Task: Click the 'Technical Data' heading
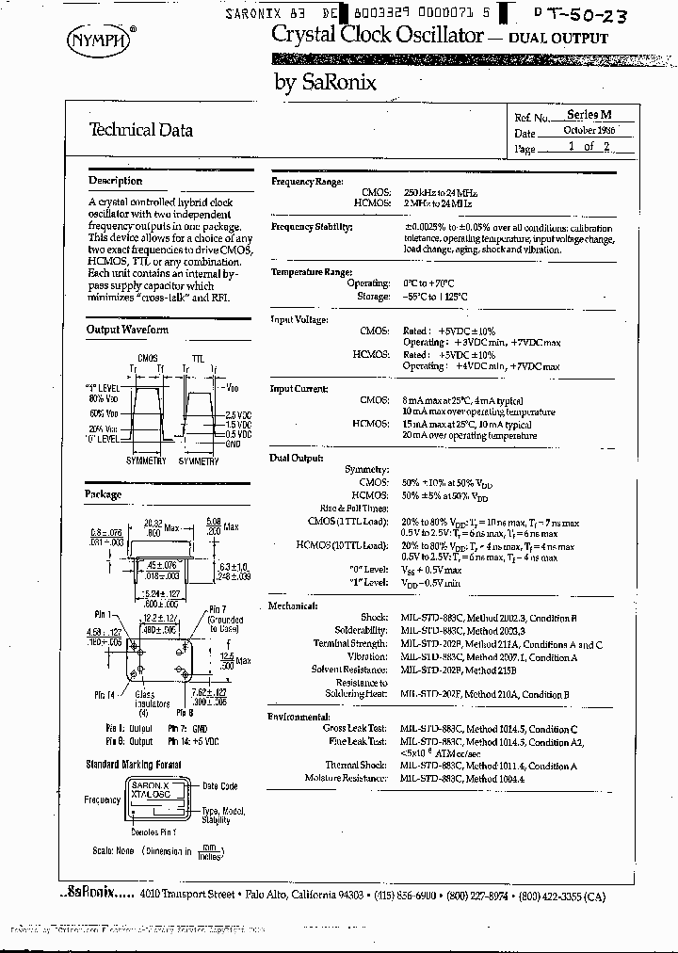[140, 130]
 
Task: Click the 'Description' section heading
[115, 181]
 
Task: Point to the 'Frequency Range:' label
[307, 181]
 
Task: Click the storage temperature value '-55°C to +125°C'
[435, 297]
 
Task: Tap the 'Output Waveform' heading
[127, 330]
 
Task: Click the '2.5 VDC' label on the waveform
[238, 414]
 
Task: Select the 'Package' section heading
[104, 494]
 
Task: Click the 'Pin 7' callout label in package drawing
[218, 609]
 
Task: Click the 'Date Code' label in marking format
[220, 785]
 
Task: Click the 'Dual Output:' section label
[296, 458]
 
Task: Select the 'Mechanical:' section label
[293, 606]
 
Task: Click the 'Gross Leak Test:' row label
[354, 729]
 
